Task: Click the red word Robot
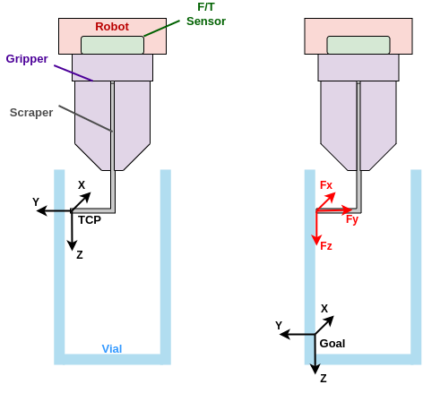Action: pyautogui.click(x=112, y=27)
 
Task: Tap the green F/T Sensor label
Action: pyautogui.click(x=205, y=13)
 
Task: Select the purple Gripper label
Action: pyautogui.click(x=27, y=59)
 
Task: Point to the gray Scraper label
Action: pyautogui.click(x=31, y=113)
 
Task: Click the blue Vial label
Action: pyautogui.click(x=112, y=348)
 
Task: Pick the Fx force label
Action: pyautogui.click(x=326, y=185)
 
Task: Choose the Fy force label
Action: pyautogui.click(x=352, y=219)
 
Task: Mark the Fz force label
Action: pyautogui.click(x=326, y=245)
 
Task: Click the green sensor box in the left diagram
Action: pyautogui.click(x=112, y=45)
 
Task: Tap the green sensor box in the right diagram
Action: pyautogui.click(x=358, y=45)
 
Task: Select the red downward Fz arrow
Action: pyautogui.click(x=317, y=228)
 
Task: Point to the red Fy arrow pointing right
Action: pyautogui.click(x=334, y=210)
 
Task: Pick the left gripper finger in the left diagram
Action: pyautogui.click(x=92, y=121)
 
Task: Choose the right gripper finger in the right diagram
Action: pyautogui.click(x=377, y=121)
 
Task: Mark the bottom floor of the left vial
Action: pyautogui.click(x=112, y=359)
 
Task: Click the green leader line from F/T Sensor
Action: pyautogui.click(x=161, y=28)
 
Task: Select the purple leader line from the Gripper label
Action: pyautogui.click(x=73, y=73)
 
